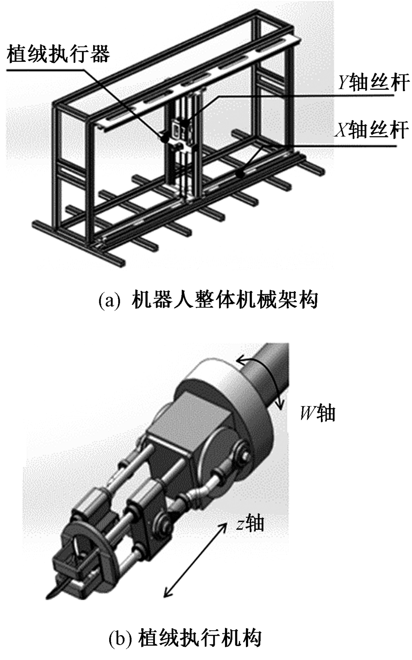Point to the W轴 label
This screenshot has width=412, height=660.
(318, 413)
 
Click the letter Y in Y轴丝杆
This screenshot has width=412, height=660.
(343, 83)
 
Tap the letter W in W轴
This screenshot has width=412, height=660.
(307, 413)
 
